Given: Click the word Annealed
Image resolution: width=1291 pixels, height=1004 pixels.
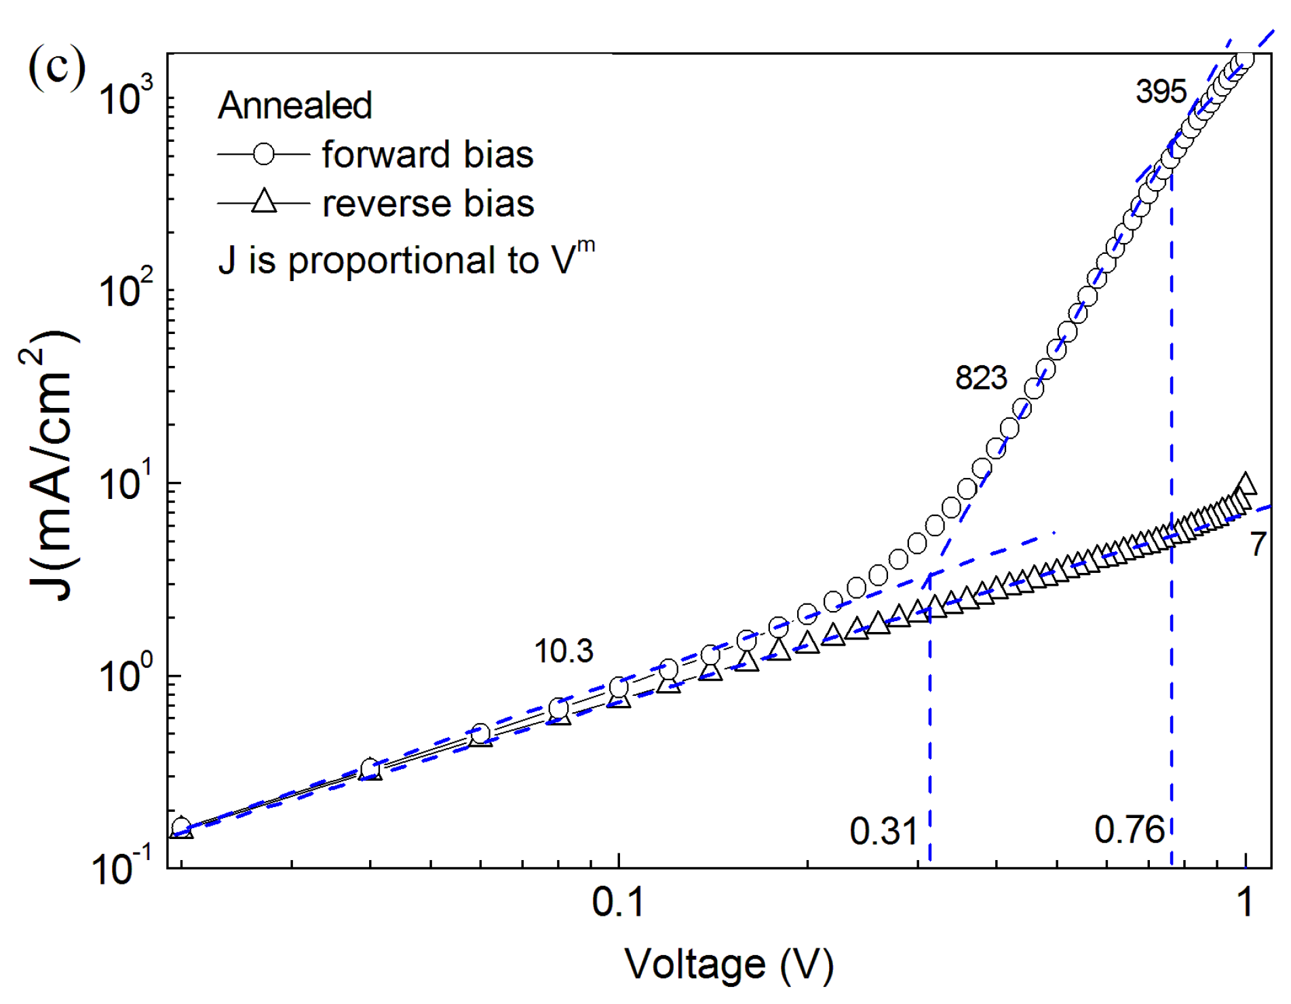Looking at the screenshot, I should click(x=294, y=106).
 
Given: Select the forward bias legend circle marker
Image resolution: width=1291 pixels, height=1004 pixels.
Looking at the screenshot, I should click(x=264, y=155).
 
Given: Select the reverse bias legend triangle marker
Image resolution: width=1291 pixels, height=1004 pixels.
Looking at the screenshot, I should click(x=264, y=202).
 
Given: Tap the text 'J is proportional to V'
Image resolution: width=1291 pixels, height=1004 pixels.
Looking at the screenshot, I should click(x=405, y=260).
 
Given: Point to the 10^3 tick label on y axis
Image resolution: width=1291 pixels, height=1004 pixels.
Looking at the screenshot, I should click(x=126, y=97).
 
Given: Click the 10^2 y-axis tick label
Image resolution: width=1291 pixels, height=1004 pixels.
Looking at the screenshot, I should click(x=126, y=290).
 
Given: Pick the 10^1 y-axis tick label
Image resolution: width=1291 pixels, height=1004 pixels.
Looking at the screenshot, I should click(x=126, y=483).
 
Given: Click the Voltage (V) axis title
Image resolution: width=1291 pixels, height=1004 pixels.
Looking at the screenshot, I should click(x=729, y=964).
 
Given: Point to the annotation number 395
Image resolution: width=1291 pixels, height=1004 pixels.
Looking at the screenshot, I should click(x=1161, y=92).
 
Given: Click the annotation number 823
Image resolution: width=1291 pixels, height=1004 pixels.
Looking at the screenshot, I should click(x=981, y=377).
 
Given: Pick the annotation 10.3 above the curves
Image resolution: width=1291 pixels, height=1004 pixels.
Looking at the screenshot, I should click(x=563, y=652).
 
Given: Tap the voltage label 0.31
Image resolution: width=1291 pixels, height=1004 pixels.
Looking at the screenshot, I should click(x=883, y=832).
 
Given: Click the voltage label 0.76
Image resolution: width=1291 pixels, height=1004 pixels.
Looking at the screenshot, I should click(x=1129, y=830).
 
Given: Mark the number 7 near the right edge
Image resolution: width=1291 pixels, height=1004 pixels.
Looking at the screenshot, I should click(x=1258, y=544).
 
